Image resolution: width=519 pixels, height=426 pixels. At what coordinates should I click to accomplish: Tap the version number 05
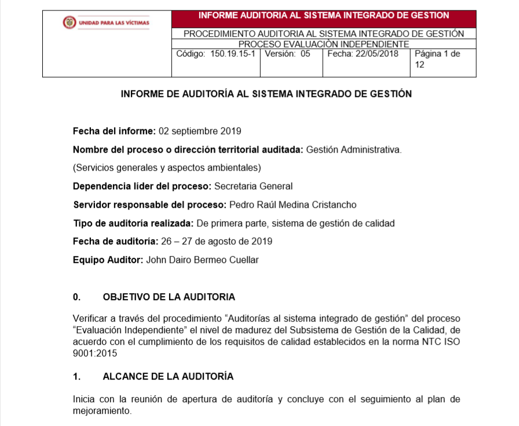pos(305,54)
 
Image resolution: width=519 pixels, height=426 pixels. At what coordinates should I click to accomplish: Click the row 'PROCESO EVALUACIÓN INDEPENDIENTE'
pos(324,44)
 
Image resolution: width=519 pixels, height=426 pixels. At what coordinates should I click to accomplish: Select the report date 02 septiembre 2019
pos(199,131)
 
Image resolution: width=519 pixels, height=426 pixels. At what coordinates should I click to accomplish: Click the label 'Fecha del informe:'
pos(114,131)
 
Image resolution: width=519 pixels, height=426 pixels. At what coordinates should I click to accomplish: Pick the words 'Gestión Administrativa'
pos(353,150)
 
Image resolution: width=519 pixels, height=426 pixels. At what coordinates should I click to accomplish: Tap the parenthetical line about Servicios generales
pos(167,168)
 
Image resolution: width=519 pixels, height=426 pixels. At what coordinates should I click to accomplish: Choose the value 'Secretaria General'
pos(253,186)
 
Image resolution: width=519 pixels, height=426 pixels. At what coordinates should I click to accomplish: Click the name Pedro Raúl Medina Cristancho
pos(293,205)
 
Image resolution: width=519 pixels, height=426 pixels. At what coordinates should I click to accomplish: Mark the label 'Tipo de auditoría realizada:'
pos(133,223)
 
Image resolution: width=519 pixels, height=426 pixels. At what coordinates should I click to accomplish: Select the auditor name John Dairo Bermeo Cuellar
pos(203,260)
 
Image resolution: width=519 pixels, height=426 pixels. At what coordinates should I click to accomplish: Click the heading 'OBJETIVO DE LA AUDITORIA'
pos(169,297)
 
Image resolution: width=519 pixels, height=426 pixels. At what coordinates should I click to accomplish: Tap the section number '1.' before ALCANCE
pos(76,377)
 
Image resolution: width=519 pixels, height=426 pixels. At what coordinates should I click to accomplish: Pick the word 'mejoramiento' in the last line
pos(102,411)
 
